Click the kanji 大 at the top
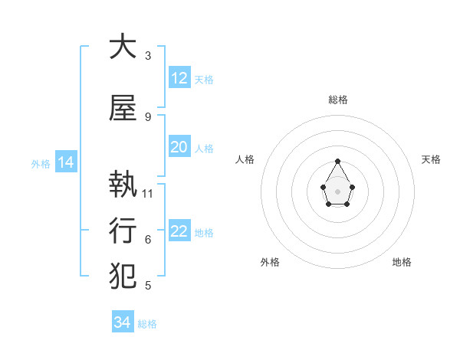click(x=122, y=47)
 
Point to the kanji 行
click(x=122, y=229)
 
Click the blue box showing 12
click(x=179, y=78)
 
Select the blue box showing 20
click(x=179, y=148)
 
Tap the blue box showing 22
click(x=179, y=232)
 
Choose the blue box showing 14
click(x=66, y=162)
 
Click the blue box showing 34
click(x=123, y=322)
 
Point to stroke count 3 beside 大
click(x=148, y=55)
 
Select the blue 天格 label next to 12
click(x=204, y=80)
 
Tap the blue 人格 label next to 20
click(x=204, y=149)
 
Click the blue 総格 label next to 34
click(x=147, y=324)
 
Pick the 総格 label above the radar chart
click(x=338, y=100)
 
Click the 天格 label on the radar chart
click(x=431, y=159)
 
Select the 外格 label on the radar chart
click(x=270, y=262)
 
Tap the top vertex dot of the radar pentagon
click(x=338, y=161)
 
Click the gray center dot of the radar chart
click(x=338, y=190)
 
